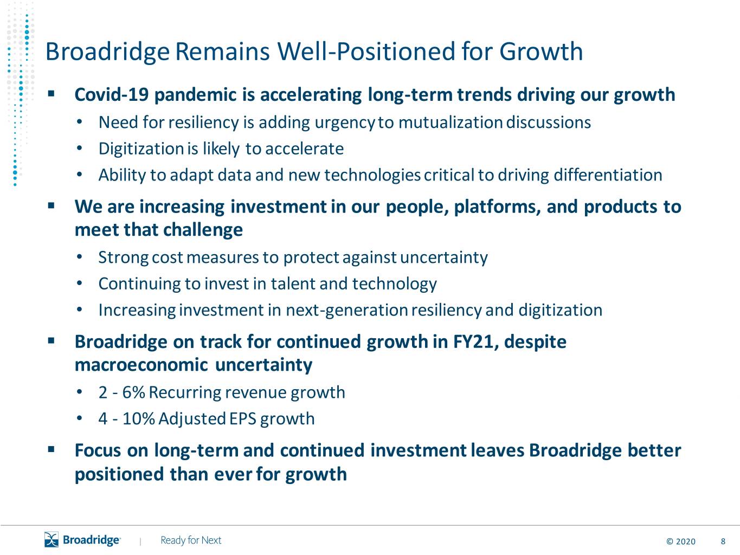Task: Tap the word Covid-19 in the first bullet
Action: tap(112, 94)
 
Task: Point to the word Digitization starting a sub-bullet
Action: tap(141, 149)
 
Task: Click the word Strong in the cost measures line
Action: tap(123, 258)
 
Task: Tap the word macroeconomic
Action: tap(141, 365)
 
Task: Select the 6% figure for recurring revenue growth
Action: tap(133, 392)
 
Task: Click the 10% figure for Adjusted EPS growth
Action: tap(139, 419)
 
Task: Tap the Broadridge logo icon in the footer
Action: tap(52, 539)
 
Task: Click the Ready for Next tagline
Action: tap(191, 540)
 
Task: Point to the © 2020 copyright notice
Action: tap(681, 541)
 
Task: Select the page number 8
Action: tap(723, 541)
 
